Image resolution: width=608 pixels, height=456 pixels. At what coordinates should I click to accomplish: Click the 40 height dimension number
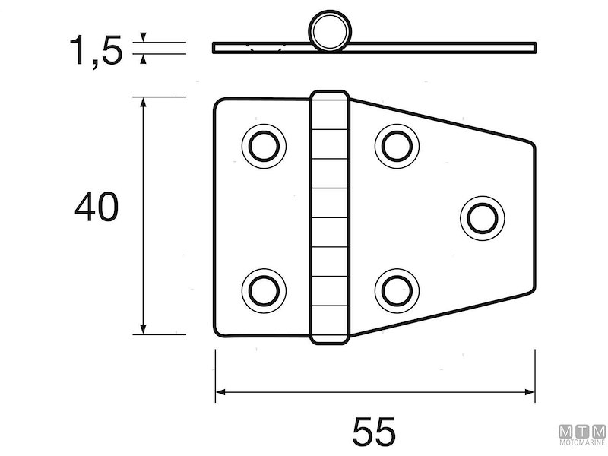97,207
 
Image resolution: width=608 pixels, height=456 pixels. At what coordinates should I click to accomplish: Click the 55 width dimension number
374,431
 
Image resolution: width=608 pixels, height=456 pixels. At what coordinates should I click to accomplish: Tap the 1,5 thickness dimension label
96,50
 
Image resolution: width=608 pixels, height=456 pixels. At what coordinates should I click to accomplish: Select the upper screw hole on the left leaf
264,146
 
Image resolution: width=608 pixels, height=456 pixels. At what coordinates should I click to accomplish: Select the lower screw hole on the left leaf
264,291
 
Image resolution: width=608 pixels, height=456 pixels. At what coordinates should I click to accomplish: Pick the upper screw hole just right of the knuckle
397,146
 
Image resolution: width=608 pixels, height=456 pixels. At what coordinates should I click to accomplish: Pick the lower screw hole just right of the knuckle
397,291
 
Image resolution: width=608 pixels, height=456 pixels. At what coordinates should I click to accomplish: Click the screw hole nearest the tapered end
483,218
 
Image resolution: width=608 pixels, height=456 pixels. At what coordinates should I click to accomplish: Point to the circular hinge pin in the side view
330,31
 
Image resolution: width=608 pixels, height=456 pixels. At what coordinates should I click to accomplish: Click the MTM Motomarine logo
582,435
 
